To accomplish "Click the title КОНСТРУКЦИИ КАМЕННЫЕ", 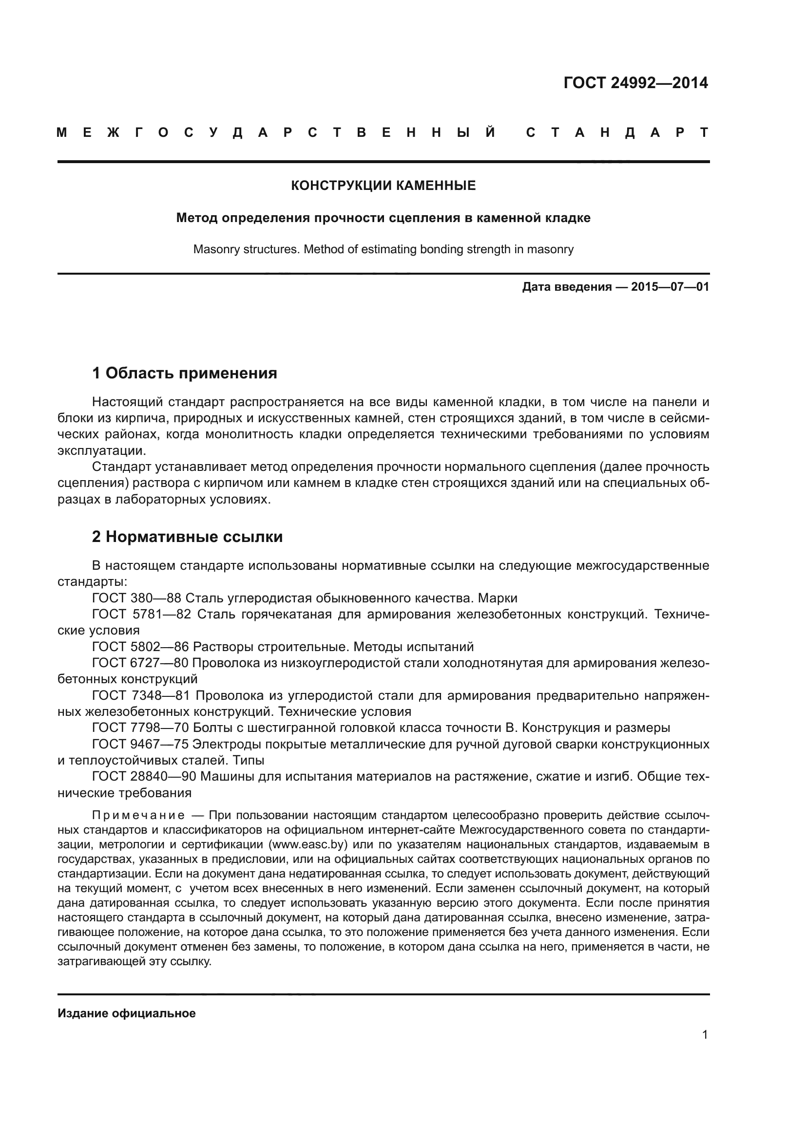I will [383, 186].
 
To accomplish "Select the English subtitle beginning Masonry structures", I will [383, 249].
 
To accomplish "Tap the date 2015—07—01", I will [670, 287].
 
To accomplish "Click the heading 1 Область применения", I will [185, 373].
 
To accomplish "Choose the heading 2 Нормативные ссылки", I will [187, 537].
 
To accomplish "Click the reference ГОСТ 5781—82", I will [141, 614].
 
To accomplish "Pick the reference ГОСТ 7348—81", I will [141, 695].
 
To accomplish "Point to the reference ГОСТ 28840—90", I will [144, 776].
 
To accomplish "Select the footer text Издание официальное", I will [127, 1013].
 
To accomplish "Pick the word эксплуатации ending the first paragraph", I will [102, 450].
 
